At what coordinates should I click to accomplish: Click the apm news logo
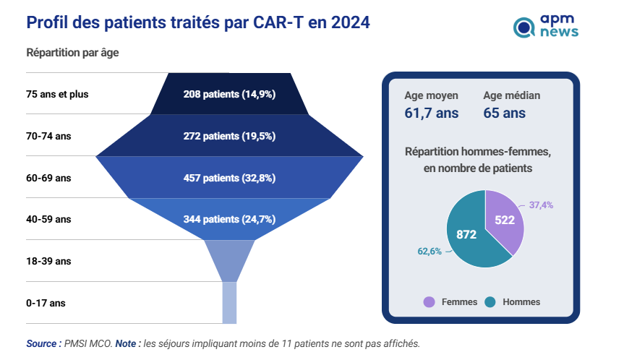[x=545, y=27]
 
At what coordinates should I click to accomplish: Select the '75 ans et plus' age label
[x=57, y=94]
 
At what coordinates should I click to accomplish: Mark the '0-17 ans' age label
[x=46, y=303]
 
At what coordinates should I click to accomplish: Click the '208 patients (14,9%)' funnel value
[x=229, y=94]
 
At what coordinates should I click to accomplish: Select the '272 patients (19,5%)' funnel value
[x=229, y=136]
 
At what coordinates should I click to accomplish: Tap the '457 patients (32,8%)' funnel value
[x=229, y=178]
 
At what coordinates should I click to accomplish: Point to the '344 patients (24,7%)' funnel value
[x=229, y=219]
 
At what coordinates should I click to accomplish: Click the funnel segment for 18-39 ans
[x=229, y=260]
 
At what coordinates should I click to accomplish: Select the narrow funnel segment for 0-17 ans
[x=229, y=302]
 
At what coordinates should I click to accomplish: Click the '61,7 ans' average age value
[x=431, y=113]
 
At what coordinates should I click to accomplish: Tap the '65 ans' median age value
[x=504, y=113]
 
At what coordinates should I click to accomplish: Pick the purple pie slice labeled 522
[x=504, y=219]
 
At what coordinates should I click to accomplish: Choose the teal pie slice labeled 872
[x=467, y=235]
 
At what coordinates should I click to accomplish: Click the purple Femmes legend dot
[x=429, y=302]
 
